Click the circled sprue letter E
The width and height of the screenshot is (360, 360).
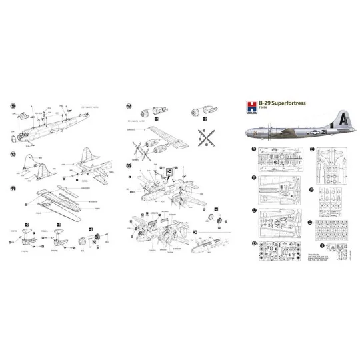311,149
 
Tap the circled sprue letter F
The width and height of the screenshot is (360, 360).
311,189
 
